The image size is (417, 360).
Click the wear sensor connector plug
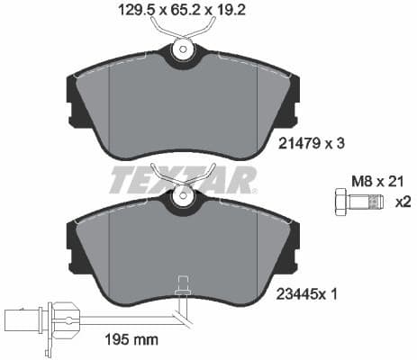tap(22, 316)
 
